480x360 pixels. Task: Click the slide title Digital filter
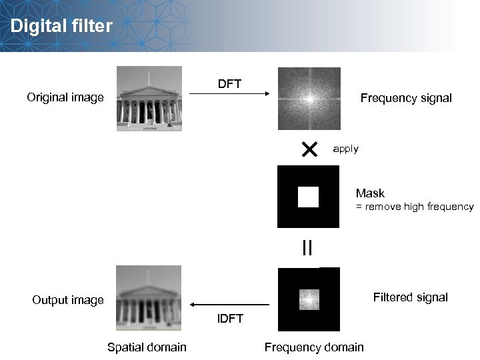coord(61,27)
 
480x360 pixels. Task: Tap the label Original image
coord(65,98)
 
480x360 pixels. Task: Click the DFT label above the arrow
coord(229,84)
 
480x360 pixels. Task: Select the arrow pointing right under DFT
coord(229,95)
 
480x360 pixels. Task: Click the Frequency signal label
coord(405,98)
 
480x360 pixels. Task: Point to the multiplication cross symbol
coord(309,149)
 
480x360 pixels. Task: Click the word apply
coord(345,149)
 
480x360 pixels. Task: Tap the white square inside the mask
coord(308,197)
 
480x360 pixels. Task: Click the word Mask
coord(370,193)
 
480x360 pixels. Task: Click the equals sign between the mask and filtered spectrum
coord(307,248)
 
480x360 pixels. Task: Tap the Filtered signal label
coord(410,297)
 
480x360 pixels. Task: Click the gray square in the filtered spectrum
coord(309,299)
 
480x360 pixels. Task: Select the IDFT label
coord(230,318)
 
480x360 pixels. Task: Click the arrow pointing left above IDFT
coord(230,305)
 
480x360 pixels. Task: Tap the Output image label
coord(68,300)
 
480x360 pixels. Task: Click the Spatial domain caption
coord(147,347)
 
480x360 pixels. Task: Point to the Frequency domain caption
coord(314,347)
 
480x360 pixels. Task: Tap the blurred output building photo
coord(149,297)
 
